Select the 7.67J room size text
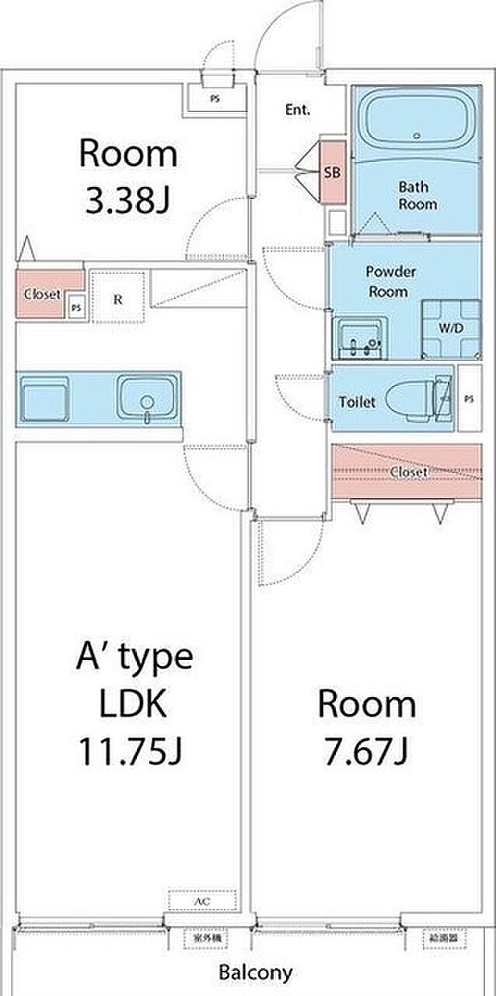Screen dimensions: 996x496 tap(366, 751)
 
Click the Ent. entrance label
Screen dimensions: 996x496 tap(298, 110)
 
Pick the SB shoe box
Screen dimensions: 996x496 tap(332, 173)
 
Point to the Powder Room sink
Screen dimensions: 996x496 tap(360, 337)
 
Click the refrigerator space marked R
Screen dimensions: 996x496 tap(117, 297)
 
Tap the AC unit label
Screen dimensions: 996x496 tap(201, 901)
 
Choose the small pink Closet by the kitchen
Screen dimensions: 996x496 tap(43, 293)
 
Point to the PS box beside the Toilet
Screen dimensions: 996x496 tap(468, 398)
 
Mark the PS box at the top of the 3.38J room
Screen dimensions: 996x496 tap(215, 100)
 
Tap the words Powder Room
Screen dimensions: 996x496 tap(392, 282)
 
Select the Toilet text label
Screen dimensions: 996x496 tap(357, 402)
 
